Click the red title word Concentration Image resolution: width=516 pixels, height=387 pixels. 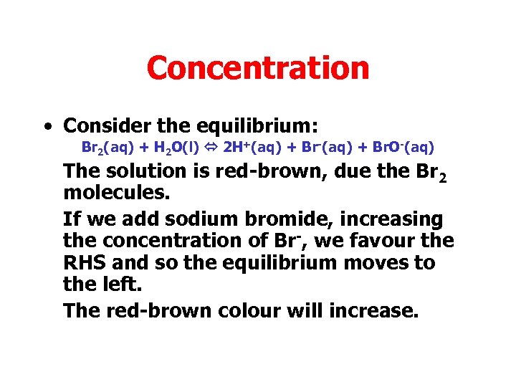click(x=258, y=68)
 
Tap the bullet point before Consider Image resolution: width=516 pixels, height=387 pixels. click(x=47, y=127)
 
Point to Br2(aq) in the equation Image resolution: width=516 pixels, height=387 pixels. click(x=104, y=149)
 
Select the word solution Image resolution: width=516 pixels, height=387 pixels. click(x=148, y=171)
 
